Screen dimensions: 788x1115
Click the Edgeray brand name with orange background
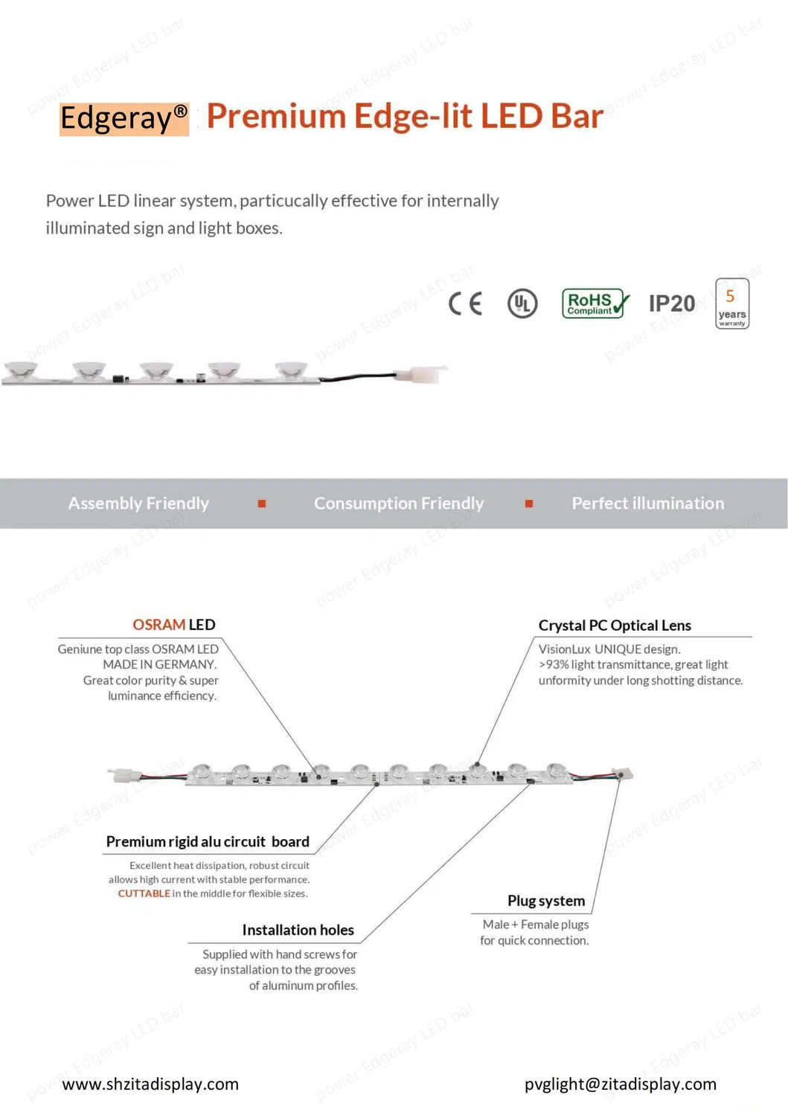[124, 119]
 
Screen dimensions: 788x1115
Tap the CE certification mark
[465, 303]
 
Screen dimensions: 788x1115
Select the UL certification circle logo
[522, 303]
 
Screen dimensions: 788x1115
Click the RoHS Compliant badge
[595, 303]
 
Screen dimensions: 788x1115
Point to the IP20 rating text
[671, 303]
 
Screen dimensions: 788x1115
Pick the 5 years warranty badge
[731, 303]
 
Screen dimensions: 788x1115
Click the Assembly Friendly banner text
[138, 504]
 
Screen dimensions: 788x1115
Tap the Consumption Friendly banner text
[399, 504]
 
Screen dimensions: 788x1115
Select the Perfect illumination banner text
[647, 504]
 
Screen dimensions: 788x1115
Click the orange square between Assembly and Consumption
[261, 504]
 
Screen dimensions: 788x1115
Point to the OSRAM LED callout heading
[174, 624]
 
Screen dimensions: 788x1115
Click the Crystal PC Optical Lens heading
[615, 626]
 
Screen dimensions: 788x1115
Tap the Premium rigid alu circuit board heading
[208, 841]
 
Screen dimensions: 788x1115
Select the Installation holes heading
[298, 930]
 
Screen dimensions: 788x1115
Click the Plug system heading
[546, 901]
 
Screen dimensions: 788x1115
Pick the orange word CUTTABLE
[144, 893]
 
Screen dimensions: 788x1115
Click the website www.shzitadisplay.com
[150, 1084]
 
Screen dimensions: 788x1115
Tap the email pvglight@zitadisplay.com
[620, 1084]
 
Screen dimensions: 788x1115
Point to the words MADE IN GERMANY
[159, 664]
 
